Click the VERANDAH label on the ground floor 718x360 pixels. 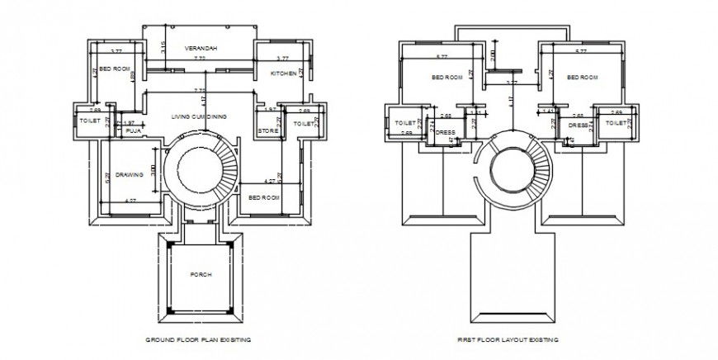point(201,49)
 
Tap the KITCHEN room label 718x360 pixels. point(283,73)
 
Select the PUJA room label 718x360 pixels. point(134,129)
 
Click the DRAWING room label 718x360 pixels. point(130,175)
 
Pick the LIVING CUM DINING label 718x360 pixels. point(200,117)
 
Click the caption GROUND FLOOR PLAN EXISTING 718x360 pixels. point(198,339)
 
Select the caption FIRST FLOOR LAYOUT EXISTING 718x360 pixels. point(508,339)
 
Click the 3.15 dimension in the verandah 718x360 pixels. point(164,46)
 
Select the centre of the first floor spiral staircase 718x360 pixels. point(509,172)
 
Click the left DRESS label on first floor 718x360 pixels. point(446,132)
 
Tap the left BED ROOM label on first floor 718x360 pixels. point(446,78)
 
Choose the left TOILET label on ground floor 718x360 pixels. point(89,121)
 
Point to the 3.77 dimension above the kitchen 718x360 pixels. point(281,59)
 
